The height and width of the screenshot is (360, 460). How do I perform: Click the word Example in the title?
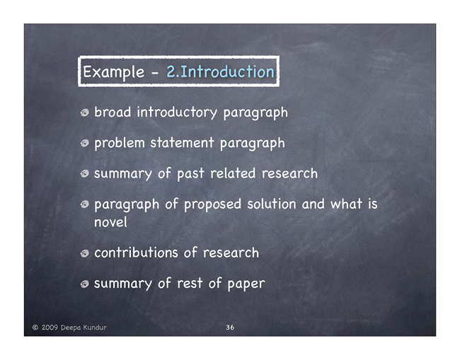(113, 72)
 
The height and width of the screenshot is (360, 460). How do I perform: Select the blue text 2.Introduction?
(220, 72)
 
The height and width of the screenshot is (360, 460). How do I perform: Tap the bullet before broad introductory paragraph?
(85, 113)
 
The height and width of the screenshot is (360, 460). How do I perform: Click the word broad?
(113, 112)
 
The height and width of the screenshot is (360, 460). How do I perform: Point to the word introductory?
(177, 112)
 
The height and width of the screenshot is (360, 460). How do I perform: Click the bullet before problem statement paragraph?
(85, 143)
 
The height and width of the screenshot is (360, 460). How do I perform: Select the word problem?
(120, 144)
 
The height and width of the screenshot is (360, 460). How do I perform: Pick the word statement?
(182, 143)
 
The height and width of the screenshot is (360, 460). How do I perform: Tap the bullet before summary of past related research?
(85, 173)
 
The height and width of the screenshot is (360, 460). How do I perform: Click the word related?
(233, 173)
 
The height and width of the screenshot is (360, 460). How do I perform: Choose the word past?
(190, 174)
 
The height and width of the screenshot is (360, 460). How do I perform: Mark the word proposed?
(212, 204)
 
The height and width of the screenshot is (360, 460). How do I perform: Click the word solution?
(272, 204)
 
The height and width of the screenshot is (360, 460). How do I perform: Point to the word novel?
(110, 222)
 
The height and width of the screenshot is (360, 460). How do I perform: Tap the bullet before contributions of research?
(85, 253)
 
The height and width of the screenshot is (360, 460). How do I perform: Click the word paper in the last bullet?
(246, 284)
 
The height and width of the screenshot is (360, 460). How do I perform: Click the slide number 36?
(230, 327)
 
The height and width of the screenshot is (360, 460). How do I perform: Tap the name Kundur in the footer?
(95, 327)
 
